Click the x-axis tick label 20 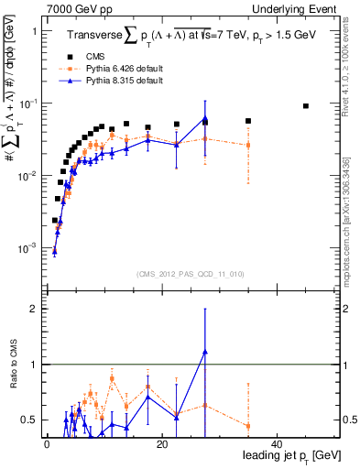161,444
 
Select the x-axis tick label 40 277,444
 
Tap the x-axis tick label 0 46,444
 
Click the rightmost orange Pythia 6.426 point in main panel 248,145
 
